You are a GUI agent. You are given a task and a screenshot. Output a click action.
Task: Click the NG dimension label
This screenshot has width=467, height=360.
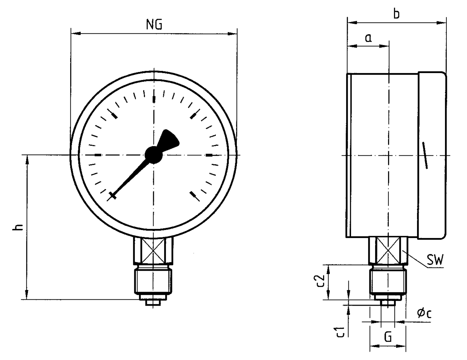coord(154,25)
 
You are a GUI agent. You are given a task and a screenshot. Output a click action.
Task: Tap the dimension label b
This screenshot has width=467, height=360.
coord(396,14)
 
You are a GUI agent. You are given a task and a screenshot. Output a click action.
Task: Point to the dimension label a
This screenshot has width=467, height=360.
coord(368,38)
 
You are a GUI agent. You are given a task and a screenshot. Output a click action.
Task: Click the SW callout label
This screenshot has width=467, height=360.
coord(435,260)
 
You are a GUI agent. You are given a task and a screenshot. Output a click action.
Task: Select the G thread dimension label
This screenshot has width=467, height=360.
coord(388,337)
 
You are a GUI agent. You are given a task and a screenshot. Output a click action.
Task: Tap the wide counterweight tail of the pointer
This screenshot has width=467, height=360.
coord(169,140)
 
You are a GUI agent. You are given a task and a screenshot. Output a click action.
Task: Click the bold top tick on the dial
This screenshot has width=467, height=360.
coord(154,99)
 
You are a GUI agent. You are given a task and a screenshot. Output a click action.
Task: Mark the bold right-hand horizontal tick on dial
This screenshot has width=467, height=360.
coord(209,155)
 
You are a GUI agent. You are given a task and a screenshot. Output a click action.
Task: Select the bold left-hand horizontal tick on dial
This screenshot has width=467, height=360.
coord(98,155)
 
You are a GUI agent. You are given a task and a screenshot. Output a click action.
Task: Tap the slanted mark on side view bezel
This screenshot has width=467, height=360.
coord(425,155)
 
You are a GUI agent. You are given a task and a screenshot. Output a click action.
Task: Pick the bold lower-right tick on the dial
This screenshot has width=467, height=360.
coord(193,195)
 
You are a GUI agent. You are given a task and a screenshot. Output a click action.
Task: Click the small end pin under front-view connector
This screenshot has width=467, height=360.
coord(154,303)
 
